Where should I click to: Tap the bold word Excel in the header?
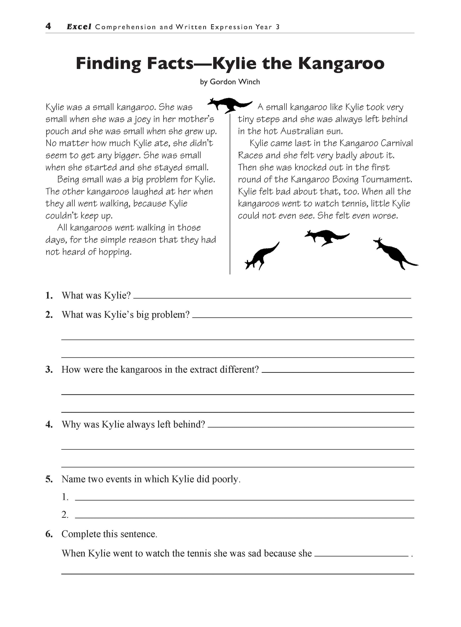(79, 27)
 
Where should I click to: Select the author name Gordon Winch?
(235, 82)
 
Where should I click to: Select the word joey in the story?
(143, 120)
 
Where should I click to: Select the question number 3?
(49, 370)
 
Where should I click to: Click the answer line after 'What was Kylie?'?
(272, 297)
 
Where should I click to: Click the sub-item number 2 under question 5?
(65, 514)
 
